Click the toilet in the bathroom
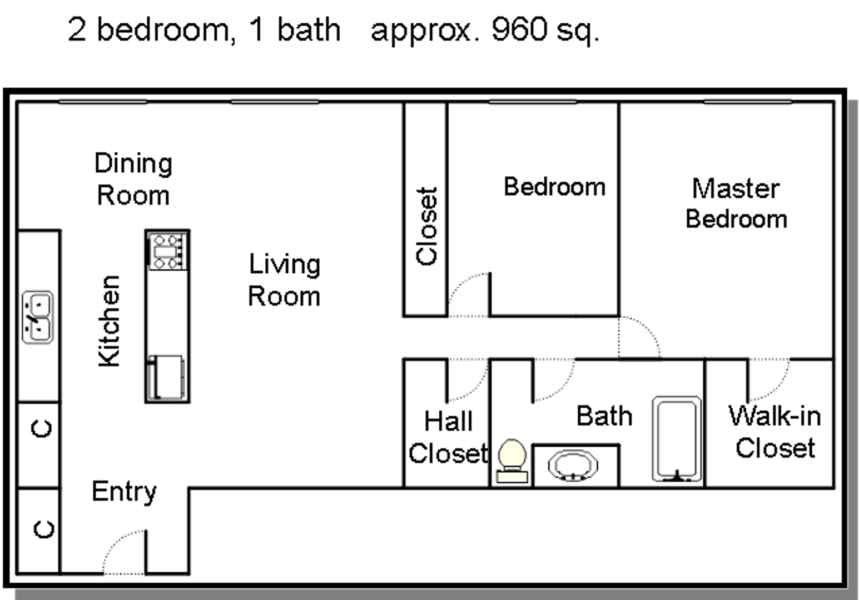click(512, 461)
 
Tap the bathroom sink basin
click(573, 466)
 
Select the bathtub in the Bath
click(677, 439)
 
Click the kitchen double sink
click(38, 317)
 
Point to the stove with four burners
click(167, 251)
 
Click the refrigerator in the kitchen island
click(166, 377)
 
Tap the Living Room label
click(284, 280)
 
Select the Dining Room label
click(133, 179)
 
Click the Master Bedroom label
click(736, 203)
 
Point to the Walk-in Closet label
click(774, 432)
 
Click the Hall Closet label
click(448, 437)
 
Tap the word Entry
click(124, 492)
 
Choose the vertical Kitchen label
click(110, 321)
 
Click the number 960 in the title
click(519, 29)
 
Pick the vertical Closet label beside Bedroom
click(426, 226)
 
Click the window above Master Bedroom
click(748, 102)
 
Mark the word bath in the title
click(309, 29)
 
